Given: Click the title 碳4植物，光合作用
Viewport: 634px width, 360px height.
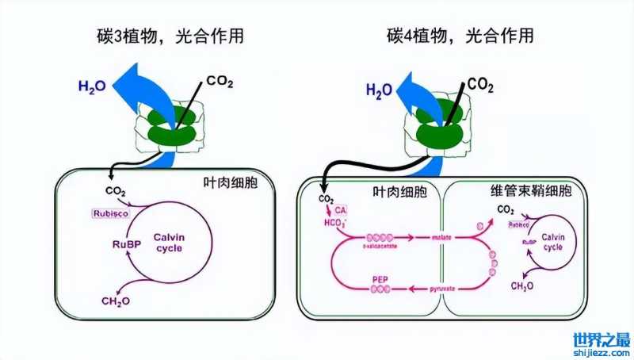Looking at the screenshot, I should click(x=460, y=36).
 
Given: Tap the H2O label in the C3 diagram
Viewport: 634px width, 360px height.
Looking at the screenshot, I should click(x=94, y=85).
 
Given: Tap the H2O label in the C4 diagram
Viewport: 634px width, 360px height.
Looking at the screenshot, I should click(x=380, y=90).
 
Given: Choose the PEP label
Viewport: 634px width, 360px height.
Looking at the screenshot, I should click(x=380, y=280).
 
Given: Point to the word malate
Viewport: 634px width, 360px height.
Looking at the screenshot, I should click(x=441, y=237).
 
